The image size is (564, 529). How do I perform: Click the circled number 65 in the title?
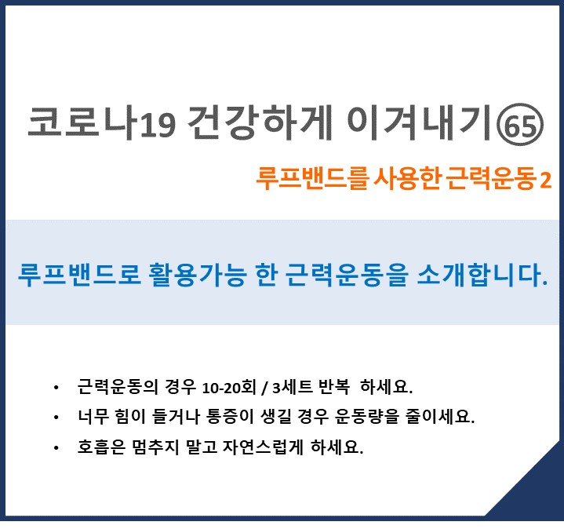tap(520, 125)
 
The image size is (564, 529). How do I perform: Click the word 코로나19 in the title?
tap(102, 122)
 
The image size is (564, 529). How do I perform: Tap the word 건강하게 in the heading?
tap(260, 122)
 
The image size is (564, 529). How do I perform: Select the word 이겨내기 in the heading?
tap(419, 122)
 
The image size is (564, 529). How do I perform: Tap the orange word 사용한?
tap(408, 178)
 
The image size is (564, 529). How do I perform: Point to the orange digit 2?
tap(546, 180)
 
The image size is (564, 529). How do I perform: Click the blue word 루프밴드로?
tap(78, 275)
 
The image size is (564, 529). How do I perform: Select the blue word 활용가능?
tap(198, 275)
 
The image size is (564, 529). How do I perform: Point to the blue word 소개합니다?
tap(482, 275)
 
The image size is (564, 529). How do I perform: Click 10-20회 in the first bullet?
tap(229, 388)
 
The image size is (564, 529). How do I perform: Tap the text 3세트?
tap(293, 388)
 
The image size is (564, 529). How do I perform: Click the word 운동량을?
tap(367, 417)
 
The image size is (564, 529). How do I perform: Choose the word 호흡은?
tap(101, 447)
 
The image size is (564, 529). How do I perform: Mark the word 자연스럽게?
tap(264, 447)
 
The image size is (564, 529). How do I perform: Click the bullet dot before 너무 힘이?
tap(56, 418)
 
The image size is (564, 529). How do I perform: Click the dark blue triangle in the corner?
tap(536, 493)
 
